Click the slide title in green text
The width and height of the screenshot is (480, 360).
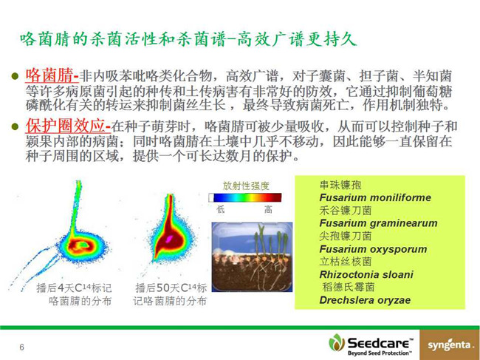click(188, 39)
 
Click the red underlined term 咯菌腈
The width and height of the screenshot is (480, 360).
click(52, 75)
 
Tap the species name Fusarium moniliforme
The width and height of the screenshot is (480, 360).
click(375, 197)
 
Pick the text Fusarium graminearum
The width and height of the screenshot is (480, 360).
click(378, 223)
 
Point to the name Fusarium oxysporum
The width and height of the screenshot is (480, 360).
click(373, 249)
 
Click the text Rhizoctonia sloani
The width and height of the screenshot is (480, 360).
click(366, 274)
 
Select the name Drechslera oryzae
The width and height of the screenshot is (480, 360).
click(365, 300)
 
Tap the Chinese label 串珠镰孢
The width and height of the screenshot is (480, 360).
click(340, 185)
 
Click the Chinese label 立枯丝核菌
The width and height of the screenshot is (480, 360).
click(346, 262)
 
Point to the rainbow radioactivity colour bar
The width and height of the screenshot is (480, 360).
click(245, 197)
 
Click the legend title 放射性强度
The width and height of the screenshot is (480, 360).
click(246, 186)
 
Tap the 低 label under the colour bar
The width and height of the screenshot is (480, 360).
click(220, 209)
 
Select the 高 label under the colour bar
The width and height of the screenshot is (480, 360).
click(268, 209)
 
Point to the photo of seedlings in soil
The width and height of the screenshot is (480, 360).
click(252, 257)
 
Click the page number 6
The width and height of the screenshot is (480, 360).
click(21, 347)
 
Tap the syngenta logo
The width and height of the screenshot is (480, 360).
click(450, 345)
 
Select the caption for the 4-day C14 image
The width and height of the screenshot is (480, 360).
click(74, 294)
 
